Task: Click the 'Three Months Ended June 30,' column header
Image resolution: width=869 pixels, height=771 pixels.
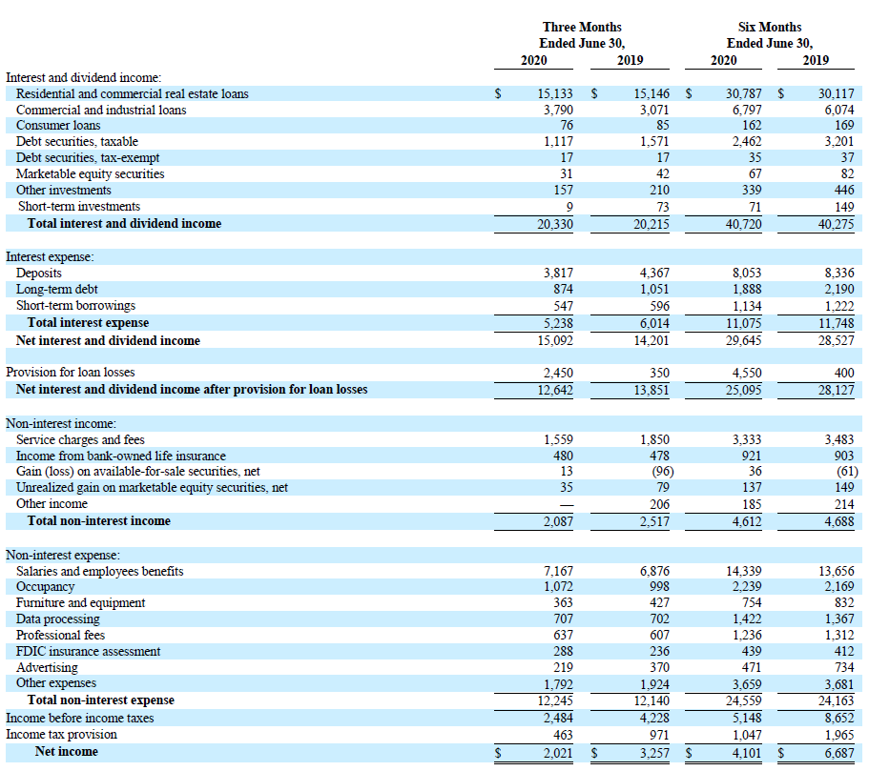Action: [582, 35]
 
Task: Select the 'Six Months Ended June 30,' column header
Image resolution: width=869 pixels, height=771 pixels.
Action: [770, 35]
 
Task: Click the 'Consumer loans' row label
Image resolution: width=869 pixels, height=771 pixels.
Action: [58, 125]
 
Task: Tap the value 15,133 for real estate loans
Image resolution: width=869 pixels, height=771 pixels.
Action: [555, 93]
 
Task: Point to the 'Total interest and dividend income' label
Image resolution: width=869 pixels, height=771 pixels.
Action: [124, 223]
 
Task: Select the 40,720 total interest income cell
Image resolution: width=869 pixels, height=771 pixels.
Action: [744, 224]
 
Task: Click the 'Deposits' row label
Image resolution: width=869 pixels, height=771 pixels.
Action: [39, 274]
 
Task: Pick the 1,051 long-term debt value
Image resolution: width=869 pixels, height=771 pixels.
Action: [654, 289]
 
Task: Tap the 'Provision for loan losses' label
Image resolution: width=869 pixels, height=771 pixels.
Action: [71, 373]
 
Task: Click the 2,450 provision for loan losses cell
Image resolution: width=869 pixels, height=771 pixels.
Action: [558, 373]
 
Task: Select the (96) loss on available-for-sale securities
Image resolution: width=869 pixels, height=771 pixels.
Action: [662, 472]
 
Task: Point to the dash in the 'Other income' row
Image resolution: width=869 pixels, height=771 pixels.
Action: [567, 505]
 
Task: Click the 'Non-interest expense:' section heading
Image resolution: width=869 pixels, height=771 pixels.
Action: [63, 555]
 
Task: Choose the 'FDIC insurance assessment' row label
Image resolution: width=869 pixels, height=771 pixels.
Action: [88, 651]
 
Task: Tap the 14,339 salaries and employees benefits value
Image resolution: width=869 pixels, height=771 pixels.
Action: [744, 571]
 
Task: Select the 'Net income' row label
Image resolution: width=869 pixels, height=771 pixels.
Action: [67, 752]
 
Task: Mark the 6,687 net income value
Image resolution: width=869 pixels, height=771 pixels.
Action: [839, 753]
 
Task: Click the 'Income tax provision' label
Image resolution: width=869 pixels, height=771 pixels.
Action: [61, 735]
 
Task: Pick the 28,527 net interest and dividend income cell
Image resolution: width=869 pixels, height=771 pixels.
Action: [837, 340]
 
